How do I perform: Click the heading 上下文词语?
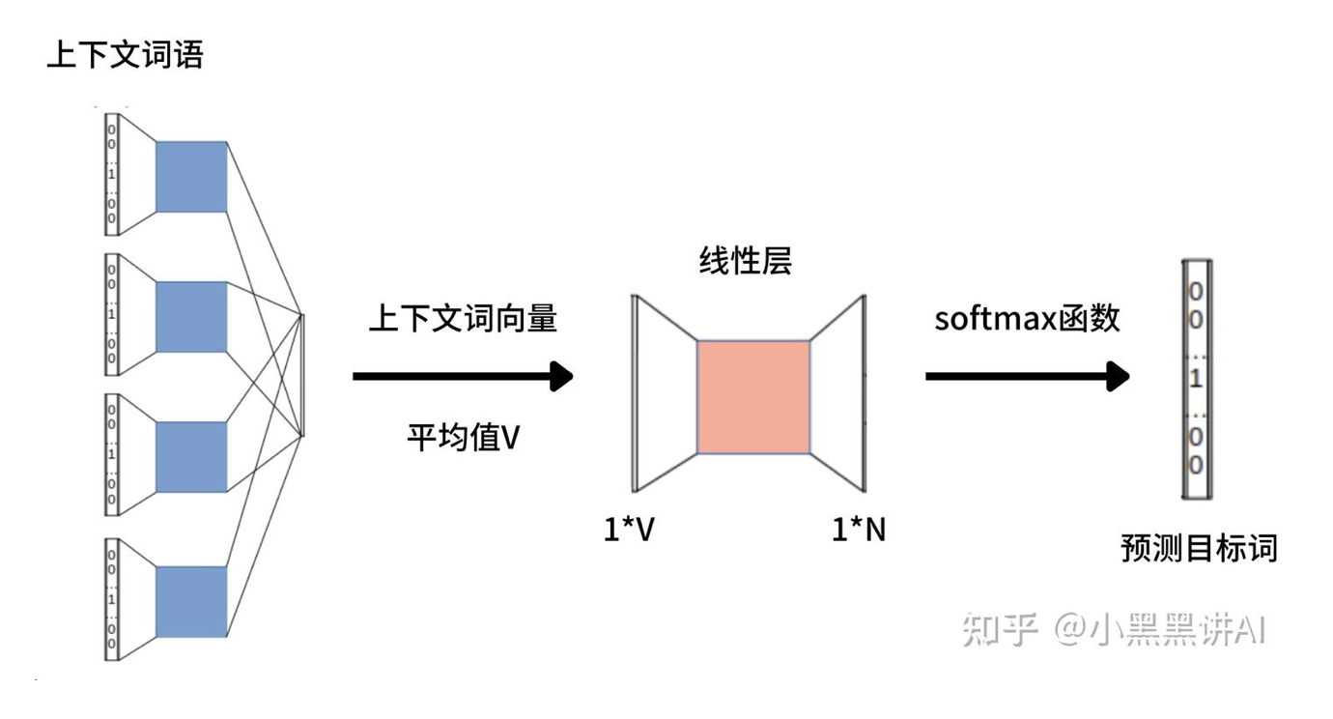pos(125,56)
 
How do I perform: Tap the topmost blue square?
pos(190,177)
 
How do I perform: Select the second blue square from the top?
pos(190,317)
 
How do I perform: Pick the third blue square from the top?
pos(190,457)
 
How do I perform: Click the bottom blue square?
pos(190,601)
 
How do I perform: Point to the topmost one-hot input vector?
pos(112,175)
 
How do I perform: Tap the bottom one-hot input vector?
pos(112,599)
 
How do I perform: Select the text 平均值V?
pos(463,438)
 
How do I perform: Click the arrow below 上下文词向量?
pos(463,376)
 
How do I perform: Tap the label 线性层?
pos(745,261)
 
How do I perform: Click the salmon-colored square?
pos(753,396)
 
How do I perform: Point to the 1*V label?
pos(629,530)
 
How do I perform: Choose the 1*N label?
pos(859,530)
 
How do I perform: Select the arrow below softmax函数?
pos(1027,376)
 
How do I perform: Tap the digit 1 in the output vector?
pos(1196,379)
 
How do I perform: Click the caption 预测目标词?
pos(1198,549)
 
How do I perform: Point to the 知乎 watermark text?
pos(1000,629)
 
